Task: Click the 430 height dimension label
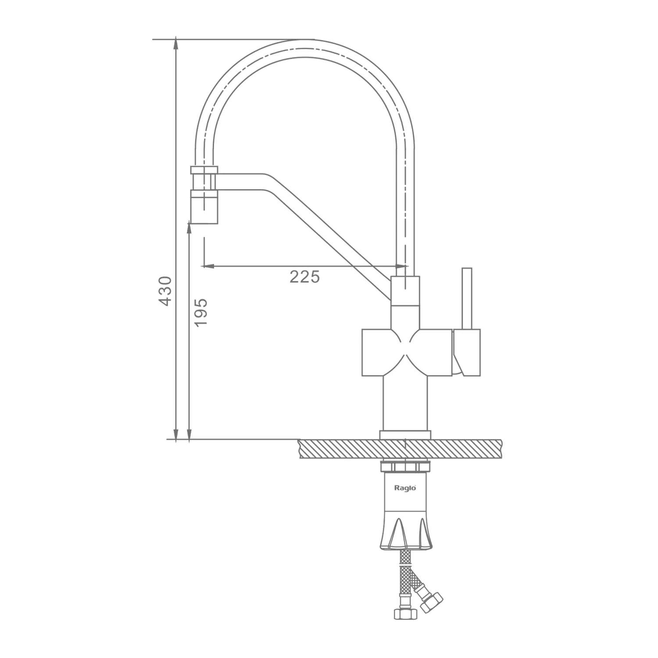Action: (165, 291)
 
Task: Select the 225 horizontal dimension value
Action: (305, 277)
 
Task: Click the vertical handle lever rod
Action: (467, 298)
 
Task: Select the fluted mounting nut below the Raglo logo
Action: (406, 533)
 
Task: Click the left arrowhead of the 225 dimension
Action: (207, 266)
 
